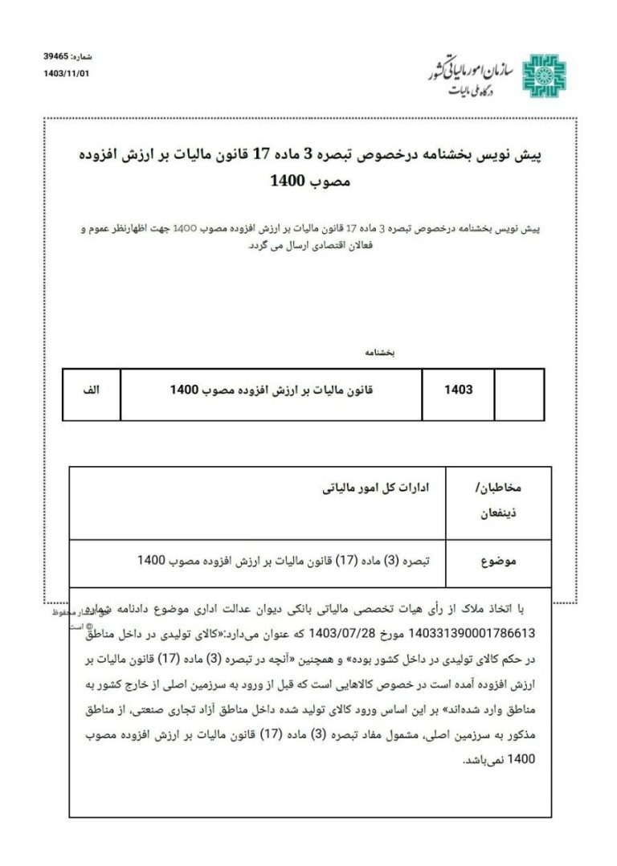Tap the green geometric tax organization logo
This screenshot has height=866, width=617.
pyautogui.click(x=544, y=77)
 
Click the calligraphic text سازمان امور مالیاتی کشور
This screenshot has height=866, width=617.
pyautogui.click(x=473, y=71)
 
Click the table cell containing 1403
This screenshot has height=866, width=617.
pyautogui.click(x=458, y=390)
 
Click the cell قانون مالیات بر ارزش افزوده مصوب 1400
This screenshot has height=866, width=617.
pyautogui.click(x=272, y=390)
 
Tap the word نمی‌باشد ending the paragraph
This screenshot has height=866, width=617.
pyautogui.click(x=488, y=759)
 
